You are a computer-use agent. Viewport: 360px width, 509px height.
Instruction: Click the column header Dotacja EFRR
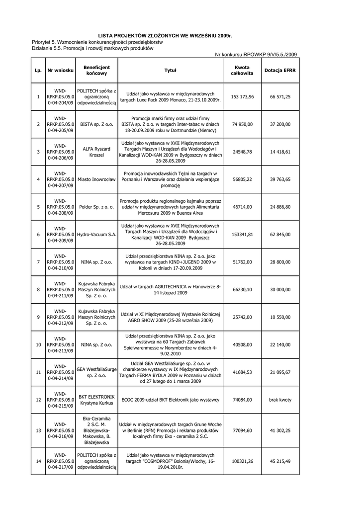pyautogui.click(x=280, y=71)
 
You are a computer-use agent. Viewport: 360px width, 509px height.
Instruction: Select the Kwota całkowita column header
pyautogui.click(x=242, y=71)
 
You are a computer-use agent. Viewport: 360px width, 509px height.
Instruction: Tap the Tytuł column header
pyautogui.click(x=171, y=71)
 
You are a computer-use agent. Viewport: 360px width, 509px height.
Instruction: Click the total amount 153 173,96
pyautogui.click(x=242, y=96)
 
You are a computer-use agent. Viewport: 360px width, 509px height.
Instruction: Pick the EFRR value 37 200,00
pyautogui.click(x=280, y=124)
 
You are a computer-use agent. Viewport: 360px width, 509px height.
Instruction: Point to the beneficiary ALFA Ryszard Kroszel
pyautogui.click(x=96, y=152)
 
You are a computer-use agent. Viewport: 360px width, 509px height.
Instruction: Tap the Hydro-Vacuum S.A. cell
pyautogui.click(x=96, y=234)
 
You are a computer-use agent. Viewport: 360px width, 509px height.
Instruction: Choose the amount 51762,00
pyautogui.click(x=242, y=261)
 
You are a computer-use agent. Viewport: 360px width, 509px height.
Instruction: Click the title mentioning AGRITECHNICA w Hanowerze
pyautogui.click(x=171, y=289)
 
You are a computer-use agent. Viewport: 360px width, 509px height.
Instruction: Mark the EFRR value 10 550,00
pyautogui.click(x=280, y=317)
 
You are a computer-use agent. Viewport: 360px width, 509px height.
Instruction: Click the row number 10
pyautogui.click(x=38, y=344)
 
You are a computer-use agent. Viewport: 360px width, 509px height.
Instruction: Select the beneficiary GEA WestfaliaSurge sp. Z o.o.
pyautogui.click(x=96, y=372)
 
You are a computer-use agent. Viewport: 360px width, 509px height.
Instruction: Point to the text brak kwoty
pyautogui.click(x=280, y=400)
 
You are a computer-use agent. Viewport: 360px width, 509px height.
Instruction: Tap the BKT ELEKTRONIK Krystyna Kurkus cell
pyautogui.click(x=96, y=400)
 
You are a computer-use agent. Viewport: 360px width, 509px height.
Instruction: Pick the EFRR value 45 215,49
pyautogui.click(x=280, y=461)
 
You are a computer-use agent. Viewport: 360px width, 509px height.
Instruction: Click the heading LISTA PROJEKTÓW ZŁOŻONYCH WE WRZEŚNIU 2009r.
pyautogui.click(x=165, y=36)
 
